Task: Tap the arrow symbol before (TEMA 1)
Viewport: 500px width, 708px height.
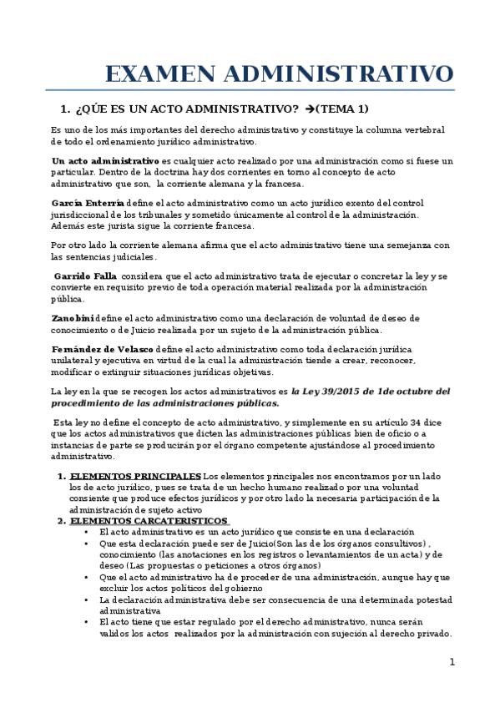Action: [x=310, y=109]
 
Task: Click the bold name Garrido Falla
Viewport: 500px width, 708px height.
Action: [x=85, y=276]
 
